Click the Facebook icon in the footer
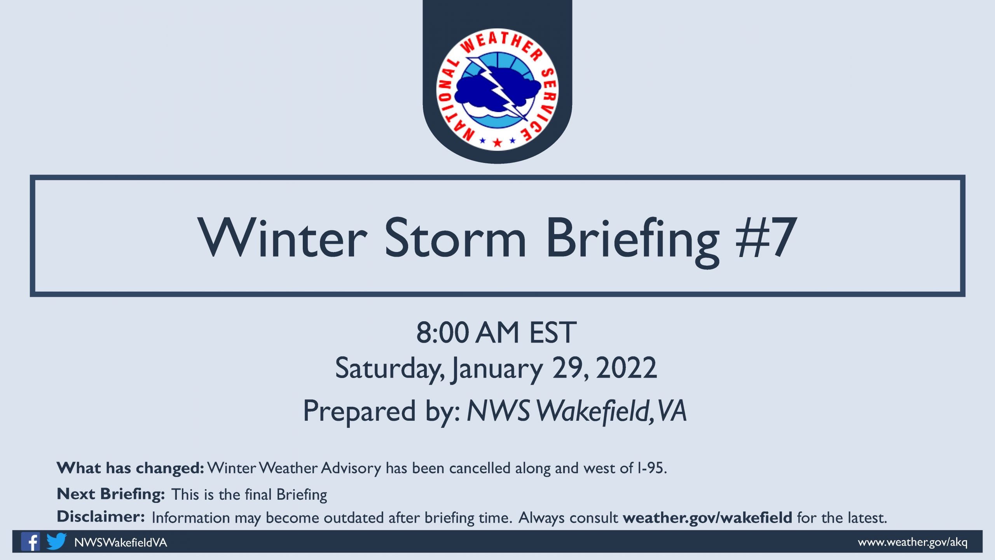[x=30, y=541]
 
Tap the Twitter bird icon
[x=56, y=541]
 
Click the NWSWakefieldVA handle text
[x=120, y=542]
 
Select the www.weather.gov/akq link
[x=913, y=542]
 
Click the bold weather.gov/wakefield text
[x=707, y=518]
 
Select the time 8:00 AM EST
[x=496, y=332]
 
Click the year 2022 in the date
[x=626, y=368]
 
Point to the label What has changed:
[x=130, y=468]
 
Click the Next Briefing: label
[x=111, y=494]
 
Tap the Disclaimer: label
[x=101, y=517]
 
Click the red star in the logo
[x=497, y=142]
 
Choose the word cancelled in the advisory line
[x=480, y=468]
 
